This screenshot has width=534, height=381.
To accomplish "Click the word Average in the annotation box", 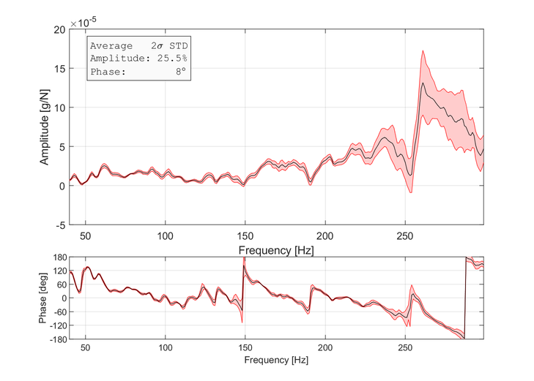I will [x=111, y=45].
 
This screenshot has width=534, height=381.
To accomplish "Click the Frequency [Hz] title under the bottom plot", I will [x=277, y=361].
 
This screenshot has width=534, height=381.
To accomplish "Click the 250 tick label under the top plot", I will [x=404, y=235].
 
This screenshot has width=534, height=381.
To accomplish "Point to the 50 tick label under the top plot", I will [x=86, y=235].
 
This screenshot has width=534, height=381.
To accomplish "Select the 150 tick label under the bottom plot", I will [x=245, y=348].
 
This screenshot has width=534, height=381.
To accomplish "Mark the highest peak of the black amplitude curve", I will [x=423, y=83].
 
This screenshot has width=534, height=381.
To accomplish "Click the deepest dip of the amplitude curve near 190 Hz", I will [x=310, y=181].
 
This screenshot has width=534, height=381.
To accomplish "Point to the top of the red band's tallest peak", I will [x=423, y=51].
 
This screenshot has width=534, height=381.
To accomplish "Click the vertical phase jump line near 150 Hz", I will [x=244, y=293].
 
